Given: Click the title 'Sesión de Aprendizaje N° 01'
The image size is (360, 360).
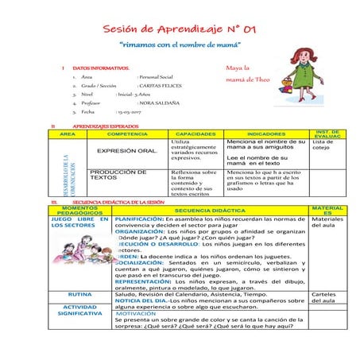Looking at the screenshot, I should (x=180, y=30).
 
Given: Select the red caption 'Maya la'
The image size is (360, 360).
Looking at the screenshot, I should (x=238, y=69).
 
